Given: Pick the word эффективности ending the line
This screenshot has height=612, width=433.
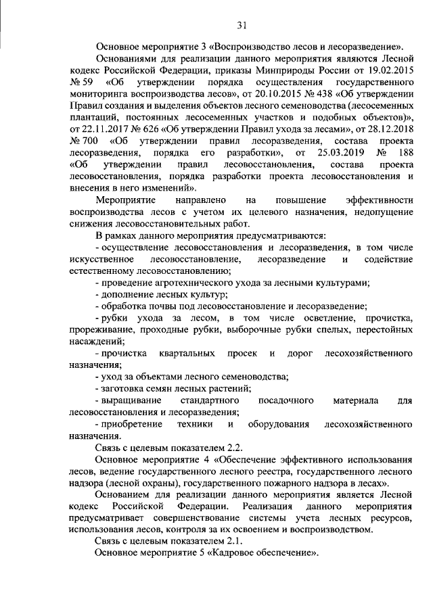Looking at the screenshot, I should click(x=379, y=202).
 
